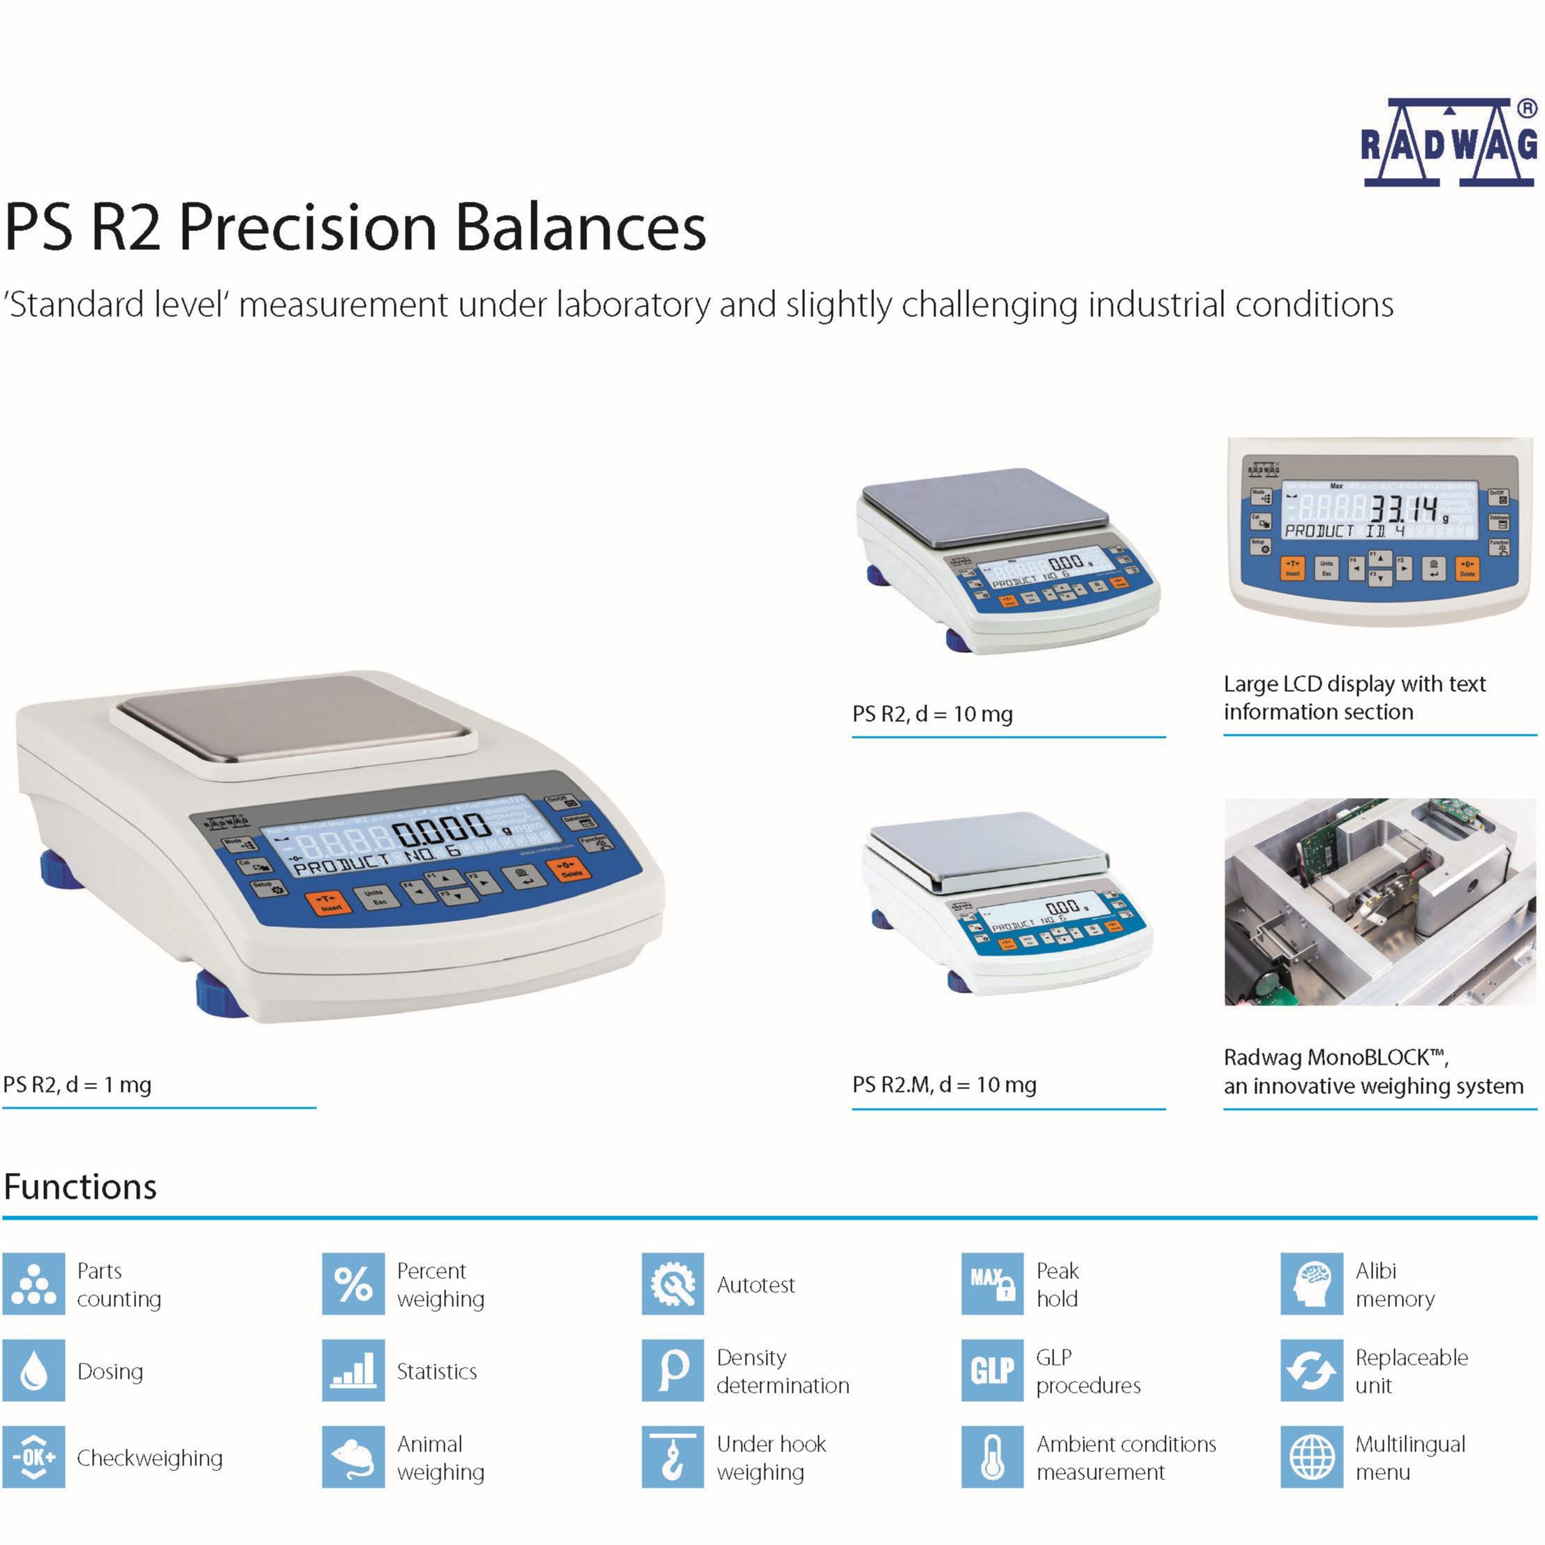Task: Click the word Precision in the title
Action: coord(307,228)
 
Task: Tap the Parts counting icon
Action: coord(34,1283)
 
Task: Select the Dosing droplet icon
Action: coord(34,1370)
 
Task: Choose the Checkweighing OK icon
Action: coord(34,1456)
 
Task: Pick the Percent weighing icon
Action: coord(353,1283)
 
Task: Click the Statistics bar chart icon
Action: coord(353,1370)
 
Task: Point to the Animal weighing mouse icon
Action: coord(353,1456)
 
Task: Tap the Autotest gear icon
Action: coord(672,1283)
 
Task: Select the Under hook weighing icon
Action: coord(672,1456)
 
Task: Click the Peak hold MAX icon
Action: coord(992,1283)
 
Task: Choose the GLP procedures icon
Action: coord(992,1370)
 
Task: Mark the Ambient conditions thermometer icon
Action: coord(992,1456)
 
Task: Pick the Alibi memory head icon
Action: coord(1312,1283)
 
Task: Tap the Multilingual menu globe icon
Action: coord(1312,1456)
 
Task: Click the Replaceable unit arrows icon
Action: coord(1312,1370)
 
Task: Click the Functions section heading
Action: coord(81,1187)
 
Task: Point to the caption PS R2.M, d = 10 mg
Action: coord(945,1084)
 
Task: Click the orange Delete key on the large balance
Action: coord(570,868)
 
